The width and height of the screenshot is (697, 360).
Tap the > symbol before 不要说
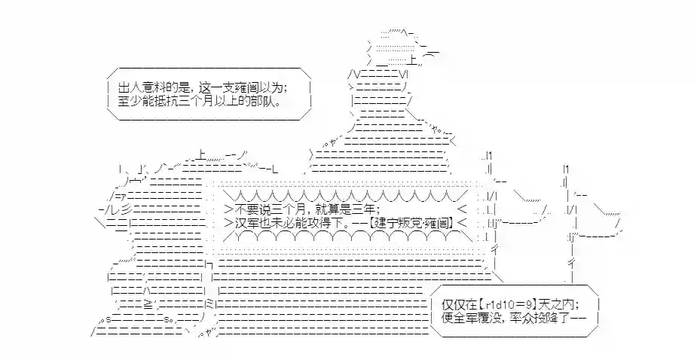point(229,209)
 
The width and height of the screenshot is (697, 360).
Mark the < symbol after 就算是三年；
point(462,209)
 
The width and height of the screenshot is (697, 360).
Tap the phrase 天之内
point(556,304)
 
